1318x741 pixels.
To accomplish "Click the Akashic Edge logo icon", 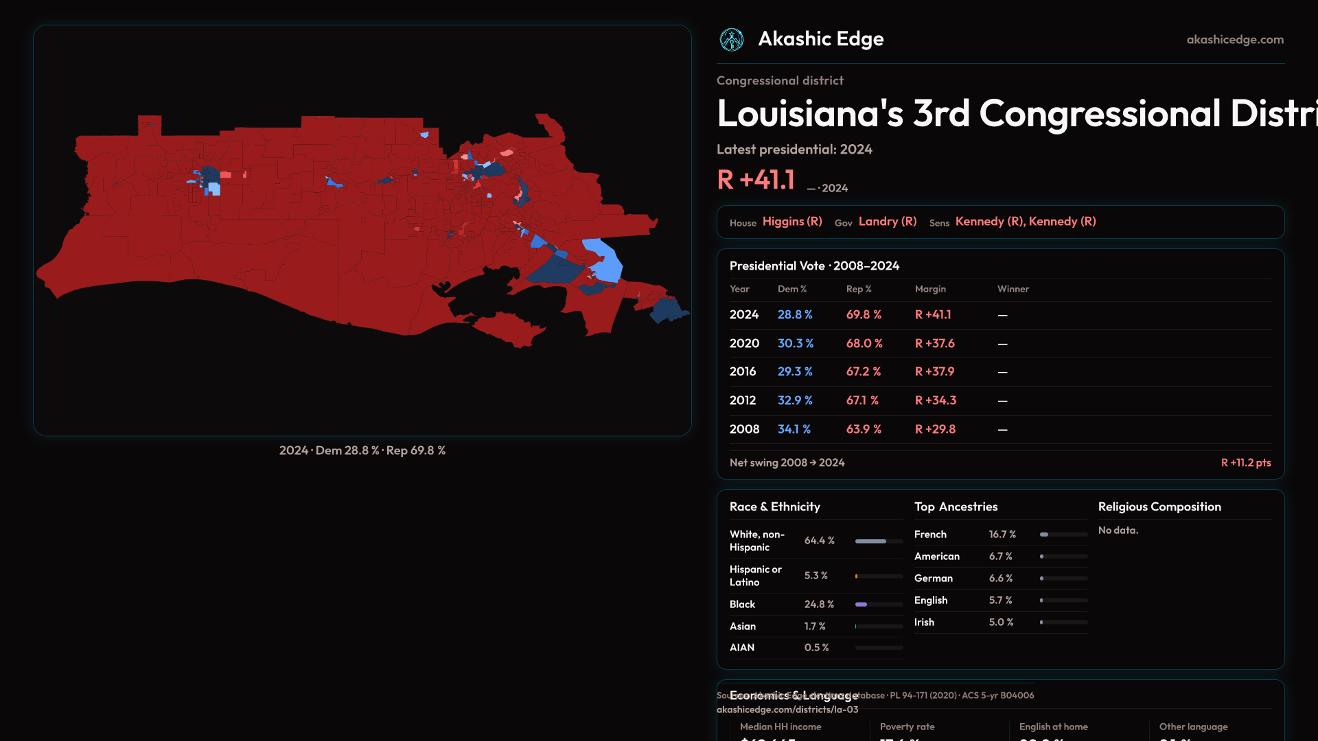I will pos(731,40).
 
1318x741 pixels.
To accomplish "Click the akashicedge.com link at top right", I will pos(1235,40).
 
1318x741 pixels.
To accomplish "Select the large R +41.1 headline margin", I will pos(756,180).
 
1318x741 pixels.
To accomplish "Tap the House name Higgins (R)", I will pos(792,222).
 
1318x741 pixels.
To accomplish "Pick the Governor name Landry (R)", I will pos(888,222).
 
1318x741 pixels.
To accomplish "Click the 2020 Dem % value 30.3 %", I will pos(795,343).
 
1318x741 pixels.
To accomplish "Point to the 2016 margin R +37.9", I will pos(934,372).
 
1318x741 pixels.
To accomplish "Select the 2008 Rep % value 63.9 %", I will pos(864,430).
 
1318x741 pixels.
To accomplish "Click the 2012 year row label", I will pos(742,401).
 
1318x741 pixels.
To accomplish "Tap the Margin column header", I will pos(930,289).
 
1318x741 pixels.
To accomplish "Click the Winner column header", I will pos(1013,289).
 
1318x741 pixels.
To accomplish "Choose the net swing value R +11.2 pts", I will pos(1245,463).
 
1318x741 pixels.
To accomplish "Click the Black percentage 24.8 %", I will pos(819,604).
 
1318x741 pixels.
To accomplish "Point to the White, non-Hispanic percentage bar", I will pos(879,541).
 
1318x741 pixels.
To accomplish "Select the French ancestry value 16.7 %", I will pos(1002,534).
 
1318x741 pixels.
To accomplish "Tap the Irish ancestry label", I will pos(924,622).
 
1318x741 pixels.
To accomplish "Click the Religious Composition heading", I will pos(1159,507).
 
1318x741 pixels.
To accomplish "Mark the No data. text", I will pos(1118,530).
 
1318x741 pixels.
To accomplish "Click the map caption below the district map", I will pos(362,451).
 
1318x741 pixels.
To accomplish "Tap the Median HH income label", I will pos(781,727).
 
